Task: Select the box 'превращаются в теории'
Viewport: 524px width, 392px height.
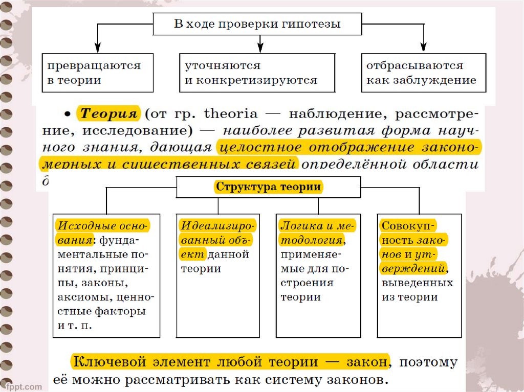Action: coord(97,73)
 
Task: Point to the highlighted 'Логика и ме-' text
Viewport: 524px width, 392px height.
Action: coord(317,226)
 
